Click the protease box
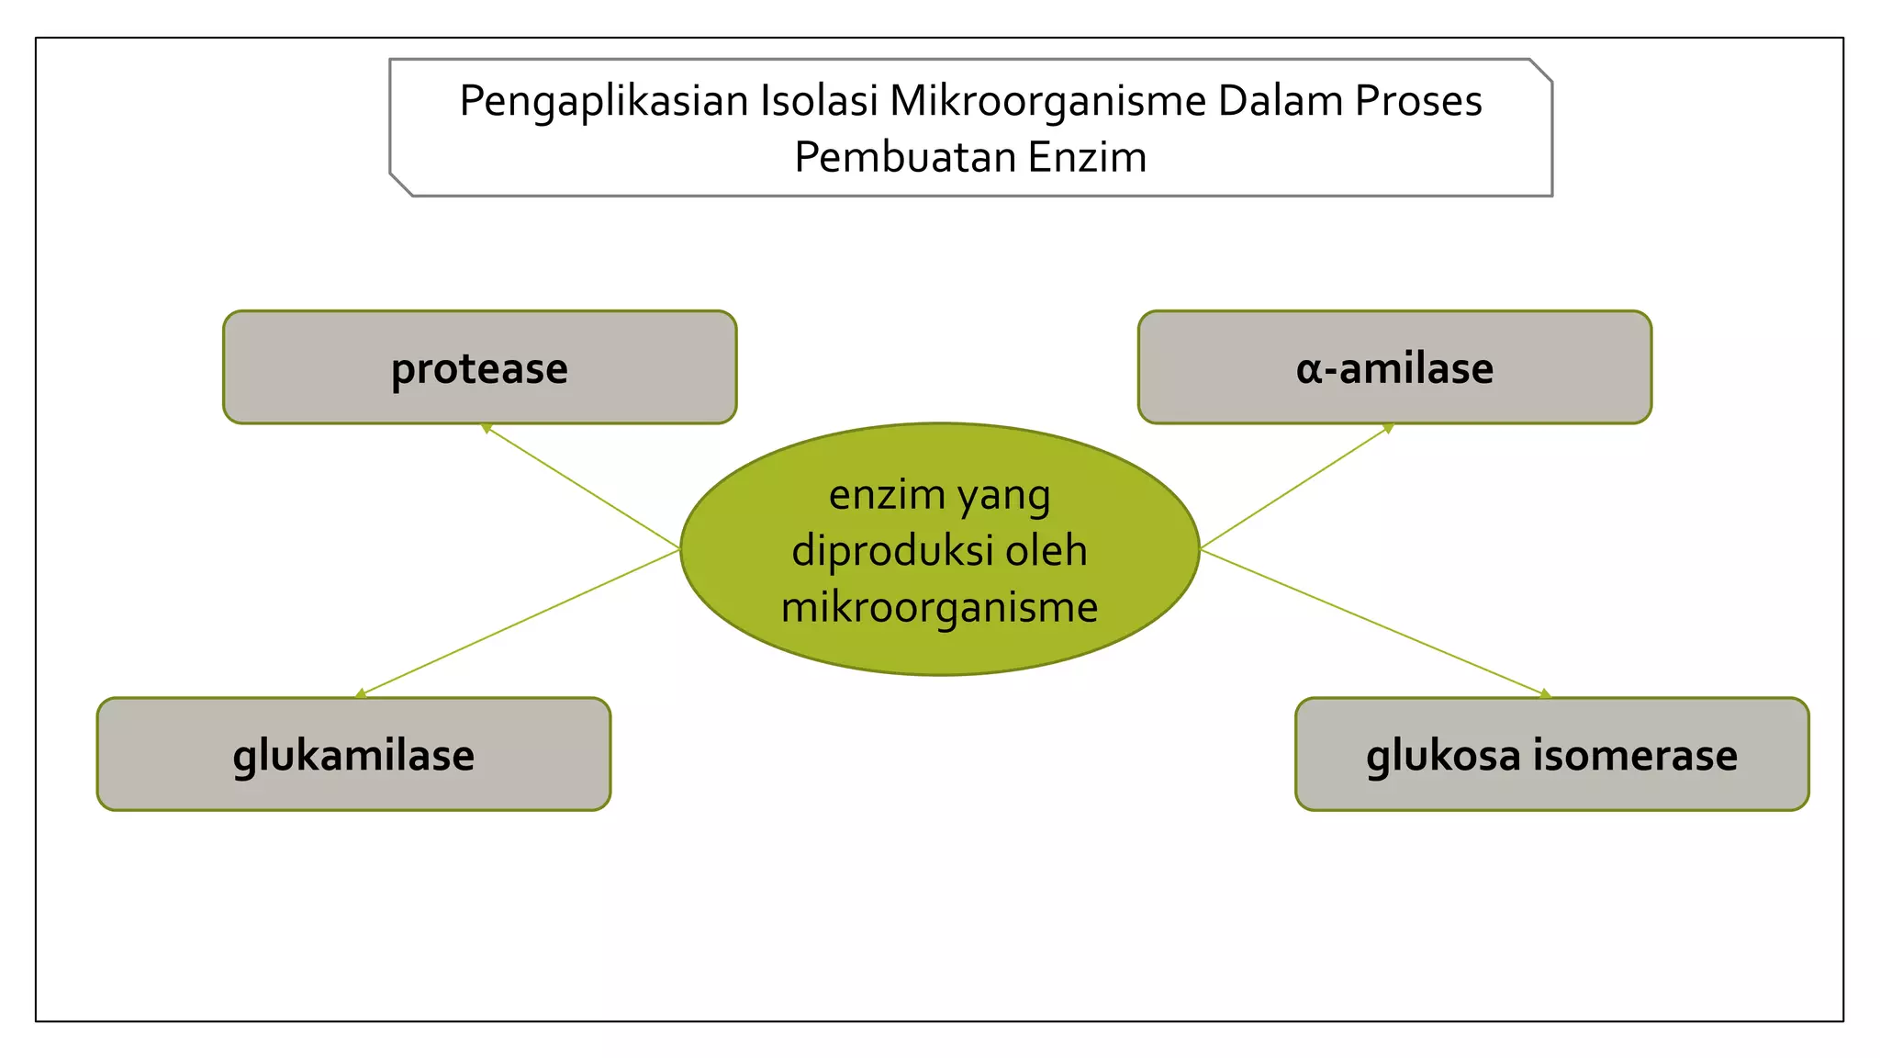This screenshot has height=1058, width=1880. tap(479, 367)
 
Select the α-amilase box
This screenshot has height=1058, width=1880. tap(1394, 367)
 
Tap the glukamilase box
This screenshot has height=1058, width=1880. tap(353, 754)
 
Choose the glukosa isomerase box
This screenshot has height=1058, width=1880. tap(1551, 754)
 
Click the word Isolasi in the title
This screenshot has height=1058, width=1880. tap(820, 101)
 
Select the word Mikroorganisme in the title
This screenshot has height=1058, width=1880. tap(1047, 101)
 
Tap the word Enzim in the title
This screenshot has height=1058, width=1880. tap(1087, 157)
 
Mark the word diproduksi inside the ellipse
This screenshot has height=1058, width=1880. tap(891, 551)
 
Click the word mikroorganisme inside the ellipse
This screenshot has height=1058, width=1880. tap(939, 608)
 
